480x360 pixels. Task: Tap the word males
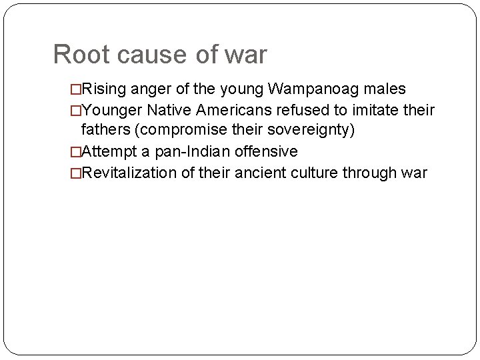point(385,89)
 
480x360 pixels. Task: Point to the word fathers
point(105,130)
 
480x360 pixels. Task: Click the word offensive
point(269,151)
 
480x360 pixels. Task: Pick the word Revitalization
point(129,173)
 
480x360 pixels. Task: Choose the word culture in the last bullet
point(314,173)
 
